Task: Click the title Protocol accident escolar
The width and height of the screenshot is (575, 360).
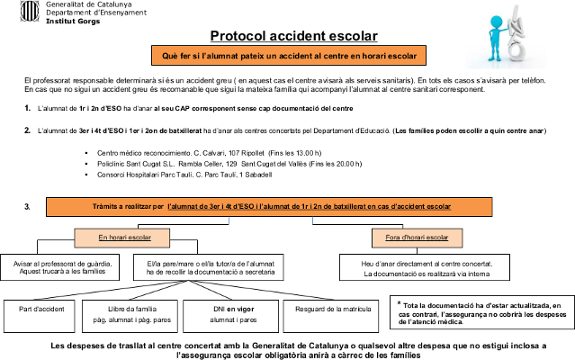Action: (293, 37)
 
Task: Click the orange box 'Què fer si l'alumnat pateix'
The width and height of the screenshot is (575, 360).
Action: (289, 57)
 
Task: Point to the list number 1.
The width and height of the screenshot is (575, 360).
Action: (28, 108)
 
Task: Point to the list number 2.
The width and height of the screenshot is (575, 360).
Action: (28, 130)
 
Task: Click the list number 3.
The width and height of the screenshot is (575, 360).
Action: (28, 207)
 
